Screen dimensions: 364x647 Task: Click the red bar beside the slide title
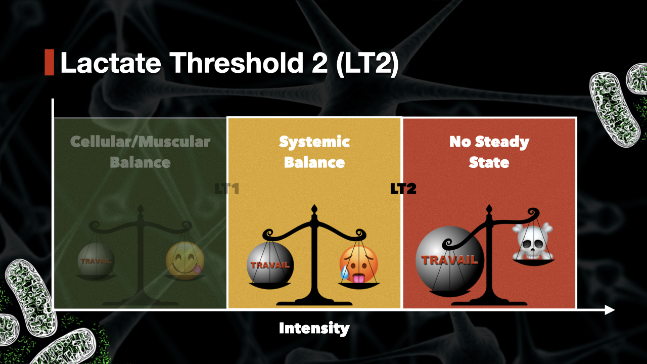pos(49,63)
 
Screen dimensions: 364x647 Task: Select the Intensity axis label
pos(314,329)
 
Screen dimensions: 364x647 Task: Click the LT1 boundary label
pos(226,190)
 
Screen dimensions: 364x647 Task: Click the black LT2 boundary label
pos(403,190)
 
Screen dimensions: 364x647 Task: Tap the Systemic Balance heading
pos(314,152)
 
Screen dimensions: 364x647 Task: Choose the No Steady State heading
pos(489,152)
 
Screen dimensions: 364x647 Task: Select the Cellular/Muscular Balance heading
pos(140,152)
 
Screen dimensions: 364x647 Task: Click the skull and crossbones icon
pos(532,241)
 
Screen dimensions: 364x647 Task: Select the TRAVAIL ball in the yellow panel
pos(269,264)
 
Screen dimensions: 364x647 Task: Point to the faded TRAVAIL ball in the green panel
pos(96,260)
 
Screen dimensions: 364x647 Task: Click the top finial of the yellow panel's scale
pos(314,209)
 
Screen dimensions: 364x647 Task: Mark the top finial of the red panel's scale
pos(489,209)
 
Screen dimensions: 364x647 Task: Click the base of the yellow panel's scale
pos(314,302)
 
